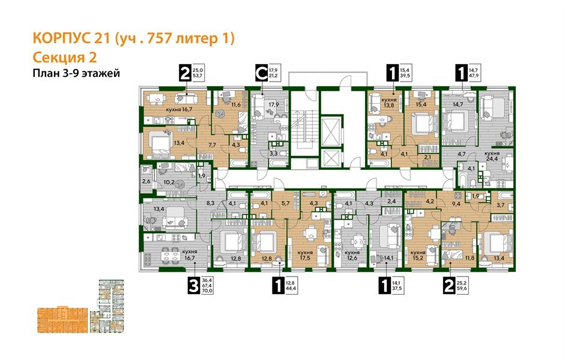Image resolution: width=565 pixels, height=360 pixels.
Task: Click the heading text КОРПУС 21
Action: click(74, 39)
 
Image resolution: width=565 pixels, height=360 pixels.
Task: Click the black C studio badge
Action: click(261, 74)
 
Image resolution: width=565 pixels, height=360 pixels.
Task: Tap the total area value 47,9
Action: click(474, 77)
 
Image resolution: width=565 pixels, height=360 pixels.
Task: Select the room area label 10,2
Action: click(171, 181)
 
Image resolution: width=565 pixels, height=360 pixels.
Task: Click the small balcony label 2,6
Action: click(147, 181)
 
